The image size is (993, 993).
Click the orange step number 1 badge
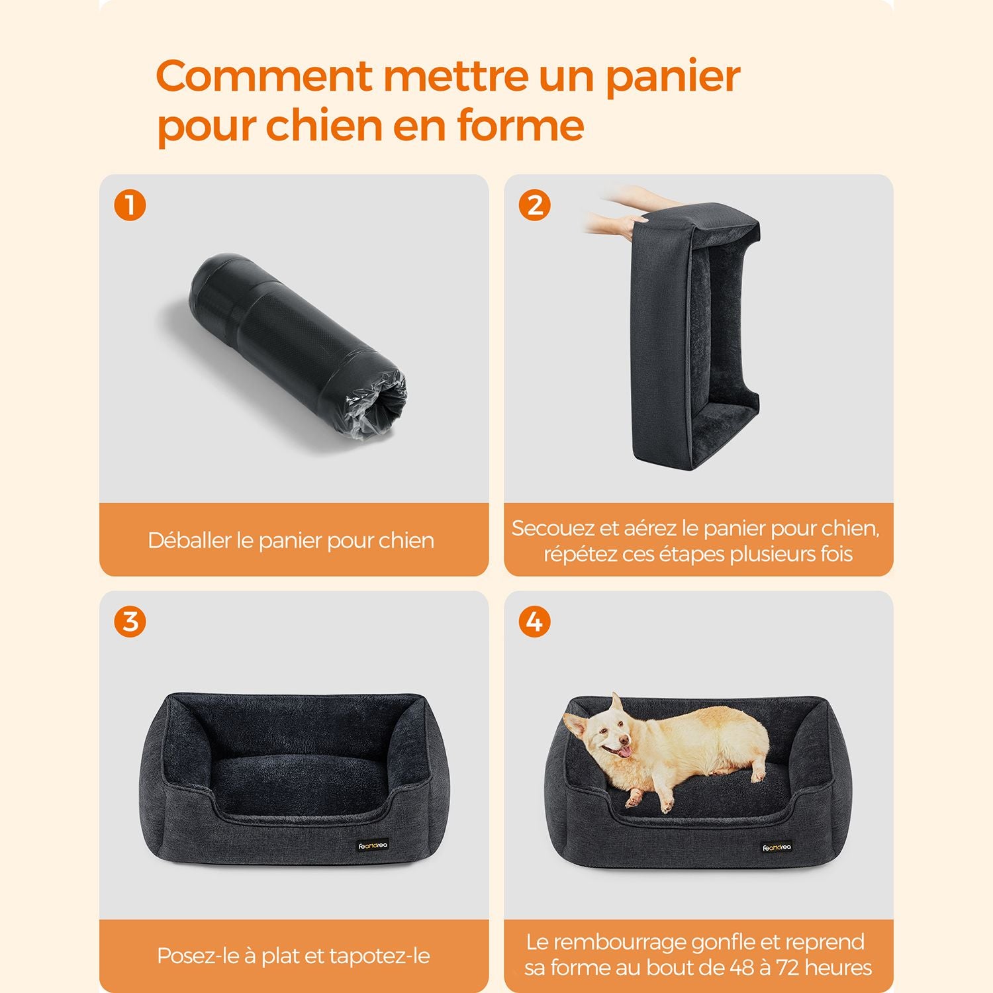tap(130, 205)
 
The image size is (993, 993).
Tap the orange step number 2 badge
tap(534, 205)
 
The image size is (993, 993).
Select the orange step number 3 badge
tap(130, 622)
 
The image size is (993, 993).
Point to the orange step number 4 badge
tap(534, 622)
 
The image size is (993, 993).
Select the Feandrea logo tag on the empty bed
tap(373, 845)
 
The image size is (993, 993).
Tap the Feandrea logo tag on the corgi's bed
tap(777, 847)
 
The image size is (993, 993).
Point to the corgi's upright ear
tap(617, 706)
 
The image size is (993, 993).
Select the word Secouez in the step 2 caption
tap(553, 528)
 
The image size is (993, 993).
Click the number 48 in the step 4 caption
tap(749, 967)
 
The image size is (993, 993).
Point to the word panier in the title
tap(673, 77)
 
